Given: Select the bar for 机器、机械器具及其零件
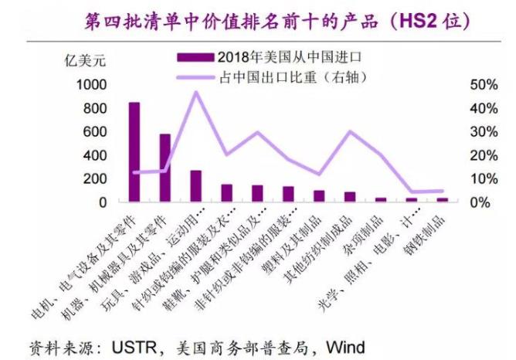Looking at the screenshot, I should (x=165, y=168).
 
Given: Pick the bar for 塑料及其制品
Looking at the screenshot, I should (x=318, y=196).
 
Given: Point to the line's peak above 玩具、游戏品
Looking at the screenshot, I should (x=195, y=92).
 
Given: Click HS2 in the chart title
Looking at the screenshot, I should (x=416, y=20).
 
